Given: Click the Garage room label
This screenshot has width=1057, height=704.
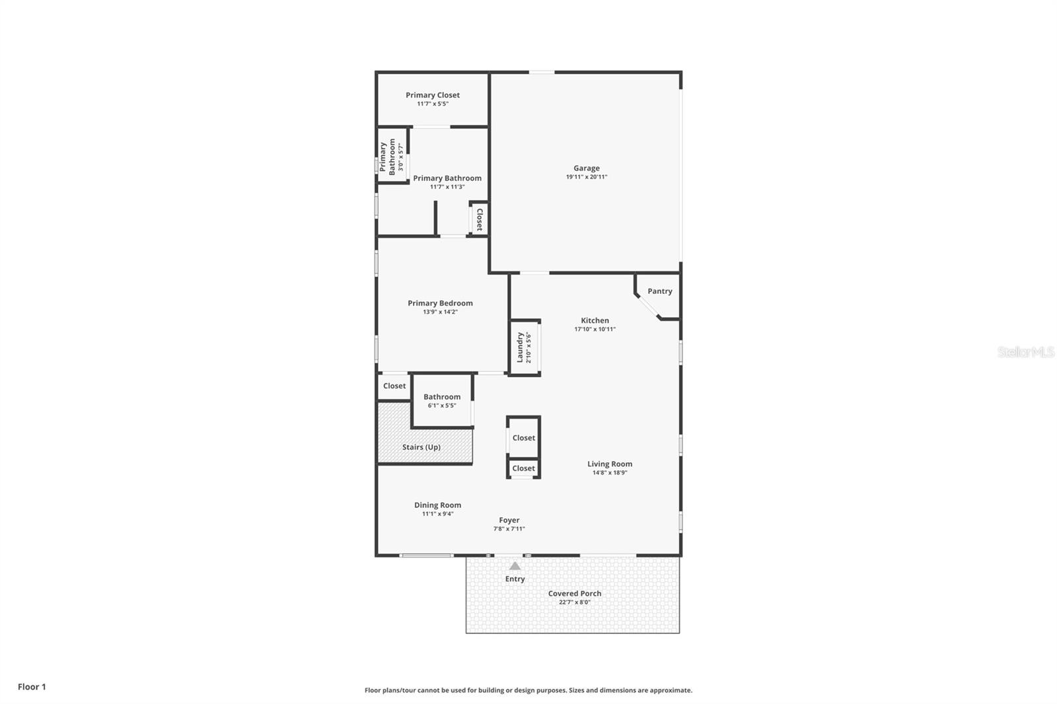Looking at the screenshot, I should [x=586, y=168].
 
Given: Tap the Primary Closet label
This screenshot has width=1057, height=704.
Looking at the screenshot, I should [x=433, y=95].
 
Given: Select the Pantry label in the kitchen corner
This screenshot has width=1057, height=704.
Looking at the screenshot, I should [x=659, y=291].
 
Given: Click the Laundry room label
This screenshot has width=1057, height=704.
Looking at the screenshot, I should [x=520, y=347].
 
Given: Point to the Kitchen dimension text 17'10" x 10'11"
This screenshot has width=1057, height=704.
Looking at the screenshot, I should [x=595, y=329].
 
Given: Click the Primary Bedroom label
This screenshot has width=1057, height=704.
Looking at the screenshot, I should [x=440, y=303].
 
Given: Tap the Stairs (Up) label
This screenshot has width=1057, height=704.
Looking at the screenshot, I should [x=421, y=447].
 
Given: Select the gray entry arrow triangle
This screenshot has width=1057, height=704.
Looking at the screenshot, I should [x=515, y=566].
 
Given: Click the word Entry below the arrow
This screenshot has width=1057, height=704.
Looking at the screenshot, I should [x=515, y=579].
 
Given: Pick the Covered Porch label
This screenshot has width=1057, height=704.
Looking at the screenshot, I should [x=574, y=594].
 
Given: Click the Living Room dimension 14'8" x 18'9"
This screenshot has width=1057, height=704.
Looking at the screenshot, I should [x=609, y=472].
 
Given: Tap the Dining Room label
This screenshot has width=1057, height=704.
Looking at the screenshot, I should [x=437, y=505].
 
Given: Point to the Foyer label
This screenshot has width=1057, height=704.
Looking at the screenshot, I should [x=509, y=520].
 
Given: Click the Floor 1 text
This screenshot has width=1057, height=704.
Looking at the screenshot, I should [x=32, y=687].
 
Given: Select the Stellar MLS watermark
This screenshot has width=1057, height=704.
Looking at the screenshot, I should [x=1025, y=352].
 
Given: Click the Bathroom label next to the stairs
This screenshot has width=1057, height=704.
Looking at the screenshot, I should [x=442, y=397].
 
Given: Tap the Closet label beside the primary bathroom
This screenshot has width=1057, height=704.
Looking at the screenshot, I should [x=480, y=219].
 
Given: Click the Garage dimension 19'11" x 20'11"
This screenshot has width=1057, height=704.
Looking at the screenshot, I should [x=586, y=177].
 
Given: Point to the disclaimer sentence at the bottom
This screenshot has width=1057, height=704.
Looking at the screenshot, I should [x=528, y=690].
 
